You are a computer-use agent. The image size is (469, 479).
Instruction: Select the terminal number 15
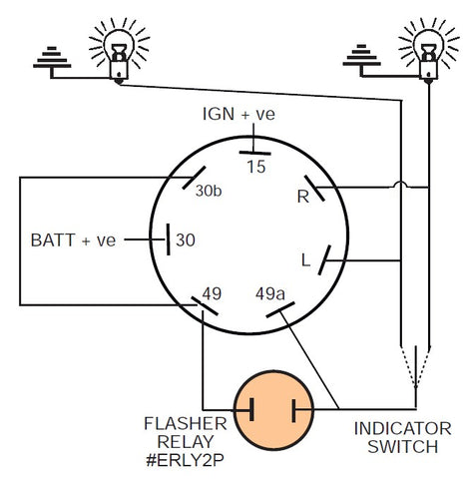tap(255, 167)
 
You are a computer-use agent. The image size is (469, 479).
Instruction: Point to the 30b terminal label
tap(210, 192)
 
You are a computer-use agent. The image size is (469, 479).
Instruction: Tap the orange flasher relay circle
tap(271, 409)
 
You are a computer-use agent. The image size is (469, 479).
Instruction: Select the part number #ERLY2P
tap(183, 463)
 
